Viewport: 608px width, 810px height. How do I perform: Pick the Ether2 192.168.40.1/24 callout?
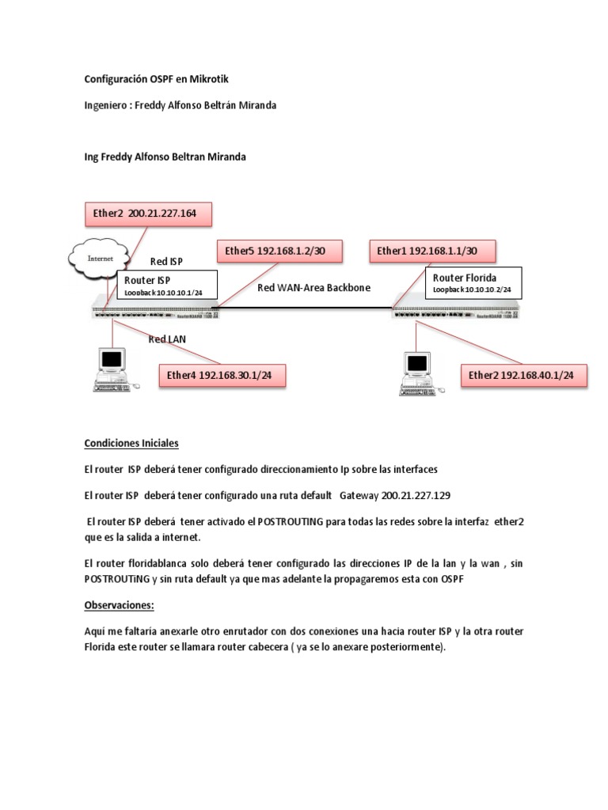point(524,375)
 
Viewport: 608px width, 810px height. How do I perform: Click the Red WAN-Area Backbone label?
point(313,288)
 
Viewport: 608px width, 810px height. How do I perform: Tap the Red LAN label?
point(167,339)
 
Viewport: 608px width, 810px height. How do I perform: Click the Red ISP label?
point(167,261)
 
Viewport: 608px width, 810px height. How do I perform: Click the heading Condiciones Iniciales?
point(131,443)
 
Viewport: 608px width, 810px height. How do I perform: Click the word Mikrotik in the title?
point(208,80)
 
